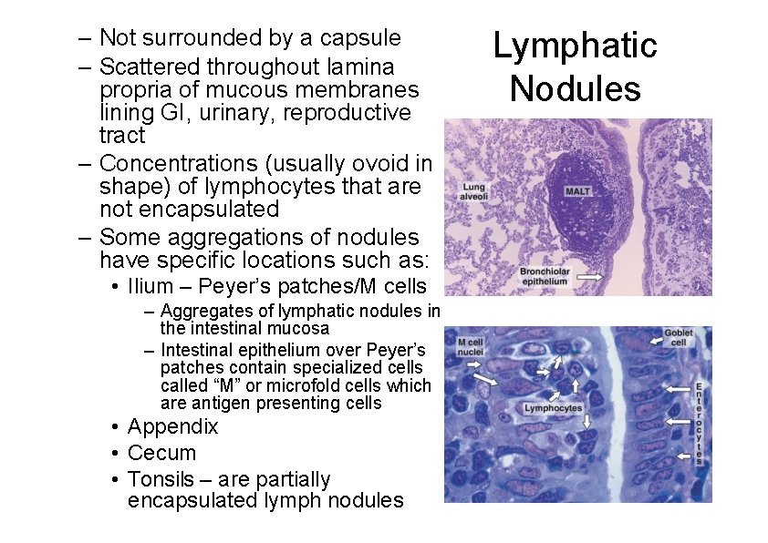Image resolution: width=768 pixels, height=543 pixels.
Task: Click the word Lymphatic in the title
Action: (575, 46)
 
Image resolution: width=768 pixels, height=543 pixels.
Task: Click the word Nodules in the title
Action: (575, 89)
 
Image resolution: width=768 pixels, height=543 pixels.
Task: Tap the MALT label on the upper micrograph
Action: (578, 192)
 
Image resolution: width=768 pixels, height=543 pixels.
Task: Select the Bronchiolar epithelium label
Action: (544, 276)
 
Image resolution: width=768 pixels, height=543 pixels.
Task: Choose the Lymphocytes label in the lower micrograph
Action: (553, 408)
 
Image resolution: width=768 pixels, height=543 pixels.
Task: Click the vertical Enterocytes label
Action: (700, 421)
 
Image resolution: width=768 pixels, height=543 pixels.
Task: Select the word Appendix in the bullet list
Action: (173, 426)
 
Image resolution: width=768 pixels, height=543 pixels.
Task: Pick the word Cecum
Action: (161, 453)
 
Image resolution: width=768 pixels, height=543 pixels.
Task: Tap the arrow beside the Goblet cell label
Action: (656, 341)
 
